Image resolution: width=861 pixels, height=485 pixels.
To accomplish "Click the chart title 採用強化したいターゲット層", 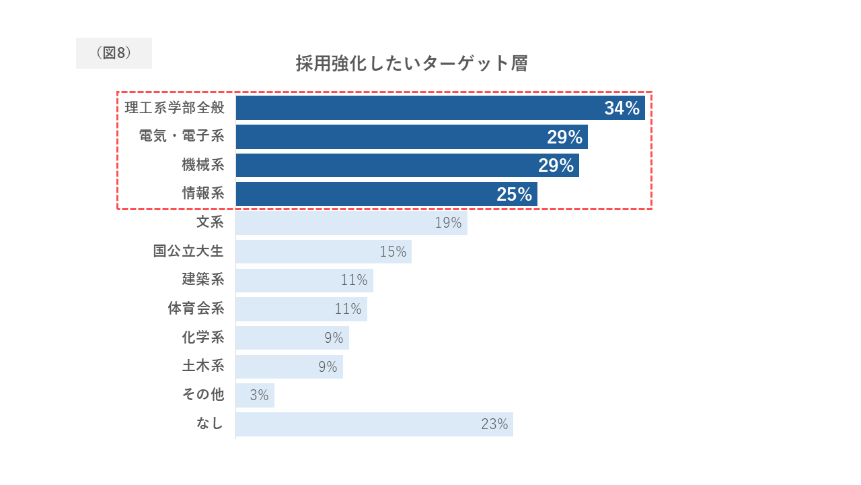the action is [412, 63].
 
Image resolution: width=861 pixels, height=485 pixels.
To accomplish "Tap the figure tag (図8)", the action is [114, 53].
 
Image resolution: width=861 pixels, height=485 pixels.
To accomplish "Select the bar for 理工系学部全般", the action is [441, 108].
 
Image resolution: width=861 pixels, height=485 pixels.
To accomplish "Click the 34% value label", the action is [622, 108].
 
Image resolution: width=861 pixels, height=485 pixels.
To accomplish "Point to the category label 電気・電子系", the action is [182, 136].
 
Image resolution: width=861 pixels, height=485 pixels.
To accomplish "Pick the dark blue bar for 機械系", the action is [408, 166].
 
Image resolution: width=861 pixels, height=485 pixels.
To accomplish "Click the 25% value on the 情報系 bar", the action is [515, 194].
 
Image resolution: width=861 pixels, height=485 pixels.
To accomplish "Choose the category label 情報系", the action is [203, 193].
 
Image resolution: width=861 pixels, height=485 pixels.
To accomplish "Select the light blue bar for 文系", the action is [352, 223].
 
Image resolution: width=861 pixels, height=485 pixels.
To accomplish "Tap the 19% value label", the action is [448, 223].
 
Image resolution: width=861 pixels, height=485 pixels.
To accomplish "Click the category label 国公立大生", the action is [188, 251].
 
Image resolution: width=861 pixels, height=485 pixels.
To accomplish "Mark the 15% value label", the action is [393, 252].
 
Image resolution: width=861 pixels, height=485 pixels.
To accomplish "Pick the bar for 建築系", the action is [305, 280].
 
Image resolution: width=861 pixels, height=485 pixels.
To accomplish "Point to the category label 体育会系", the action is [196, 309].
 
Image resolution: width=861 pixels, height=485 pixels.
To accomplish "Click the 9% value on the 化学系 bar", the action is [334, 338].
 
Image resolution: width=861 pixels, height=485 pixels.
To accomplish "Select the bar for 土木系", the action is [289, 367].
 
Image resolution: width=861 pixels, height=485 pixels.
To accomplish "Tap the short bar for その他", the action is [255, 395].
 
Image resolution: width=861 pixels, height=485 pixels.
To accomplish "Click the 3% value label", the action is [259, 395].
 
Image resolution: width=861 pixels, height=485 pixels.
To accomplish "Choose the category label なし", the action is [210, 424].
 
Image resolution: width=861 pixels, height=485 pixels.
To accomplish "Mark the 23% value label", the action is [494, 424].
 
